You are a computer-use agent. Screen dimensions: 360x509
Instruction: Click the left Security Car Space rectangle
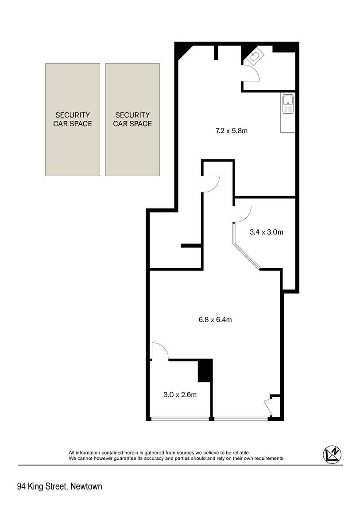(x=72, y=120)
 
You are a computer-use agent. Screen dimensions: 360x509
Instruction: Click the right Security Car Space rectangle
(x=132, y=120)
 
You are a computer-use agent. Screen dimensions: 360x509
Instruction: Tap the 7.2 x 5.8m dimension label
(x=232, y=131)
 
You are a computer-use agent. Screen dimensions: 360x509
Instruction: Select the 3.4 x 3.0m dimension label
(x=266, y=232)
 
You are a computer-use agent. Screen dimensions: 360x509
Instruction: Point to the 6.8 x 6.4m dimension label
(x=215, y=320)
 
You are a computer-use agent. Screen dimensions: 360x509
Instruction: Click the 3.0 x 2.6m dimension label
(x=180, y=395)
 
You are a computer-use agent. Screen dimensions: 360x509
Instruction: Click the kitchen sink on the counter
(x=288, y=104)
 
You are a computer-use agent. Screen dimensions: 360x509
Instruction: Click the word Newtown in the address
(x=86, y=486)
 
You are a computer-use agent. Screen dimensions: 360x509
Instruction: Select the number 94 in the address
(x=21, y=486)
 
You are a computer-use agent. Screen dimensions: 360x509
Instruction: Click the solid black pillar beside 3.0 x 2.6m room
(x=205, y=371)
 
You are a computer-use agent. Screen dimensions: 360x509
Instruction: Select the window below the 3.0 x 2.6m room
(x=180, y=419)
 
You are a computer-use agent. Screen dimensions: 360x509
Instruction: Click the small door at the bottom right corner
(x=269, y=407)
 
